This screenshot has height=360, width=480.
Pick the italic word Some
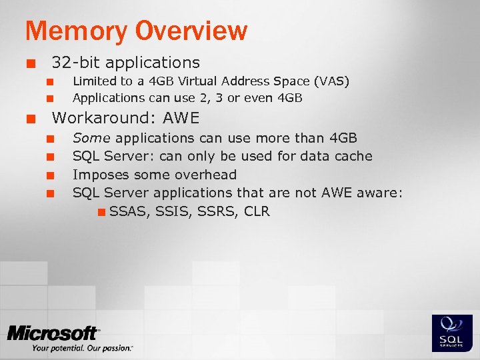(x=92, y=138)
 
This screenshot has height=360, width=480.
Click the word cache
(x=353, y=156)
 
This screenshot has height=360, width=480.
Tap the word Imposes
(x=101, y=175)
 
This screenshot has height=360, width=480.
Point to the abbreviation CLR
(x=257, y=212)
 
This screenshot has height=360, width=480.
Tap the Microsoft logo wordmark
(x=53, y=333)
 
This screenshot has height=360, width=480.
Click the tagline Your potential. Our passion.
(x=82, y=348)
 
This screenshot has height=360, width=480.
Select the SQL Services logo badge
(x=452, y=332)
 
